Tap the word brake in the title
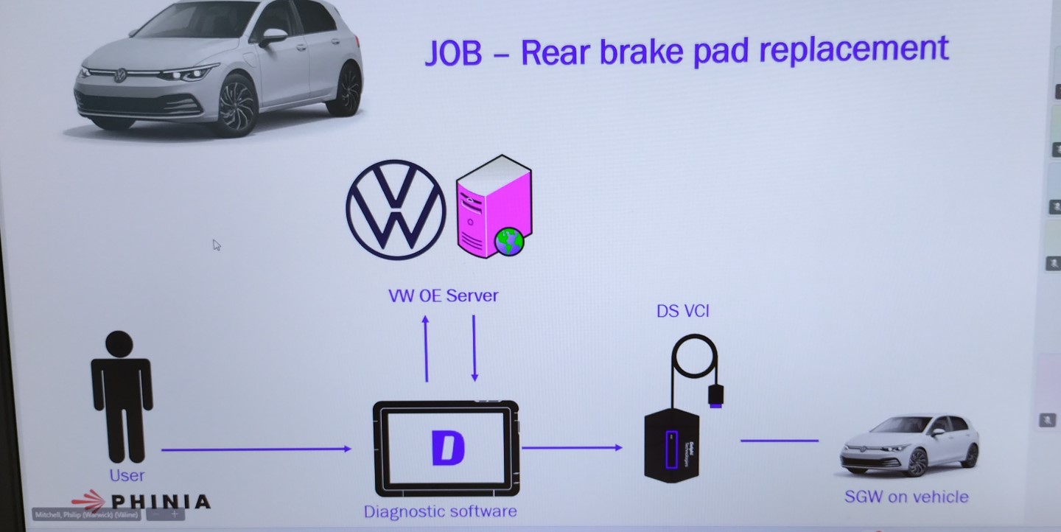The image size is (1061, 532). [x=637, y=52]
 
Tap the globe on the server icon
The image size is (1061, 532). [x=509, y=241]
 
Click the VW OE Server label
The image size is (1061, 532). [x=443, y=296]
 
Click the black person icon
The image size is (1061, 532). [x=122, y=394]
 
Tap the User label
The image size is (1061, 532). [x=127, y=476]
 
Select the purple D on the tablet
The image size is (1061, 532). [x=447, y=448]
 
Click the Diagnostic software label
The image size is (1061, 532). [x=440, y=511]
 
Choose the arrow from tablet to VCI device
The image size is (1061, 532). [x=572, y=447]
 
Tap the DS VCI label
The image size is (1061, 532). [x=682, y=311]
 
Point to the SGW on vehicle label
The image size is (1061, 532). [x=906, y=497]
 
